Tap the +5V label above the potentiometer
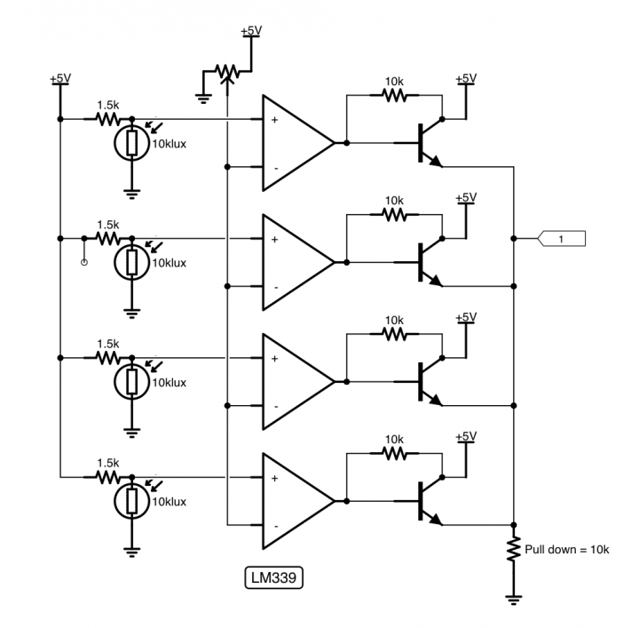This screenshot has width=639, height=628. [251, 31]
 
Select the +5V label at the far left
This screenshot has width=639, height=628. [59, 79]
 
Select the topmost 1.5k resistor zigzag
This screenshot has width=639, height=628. [107, 118]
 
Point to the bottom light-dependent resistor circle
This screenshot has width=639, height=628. [131, 503]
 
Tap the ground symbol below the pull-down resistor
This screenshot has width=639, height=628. [513, 600]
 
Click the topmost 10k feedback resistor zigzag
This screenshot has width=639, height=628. [393, 95]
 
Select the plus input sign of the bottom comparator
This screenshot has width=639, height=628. [274, 479]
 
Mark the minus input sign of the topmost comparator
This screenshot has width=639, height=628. [274, 168]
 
